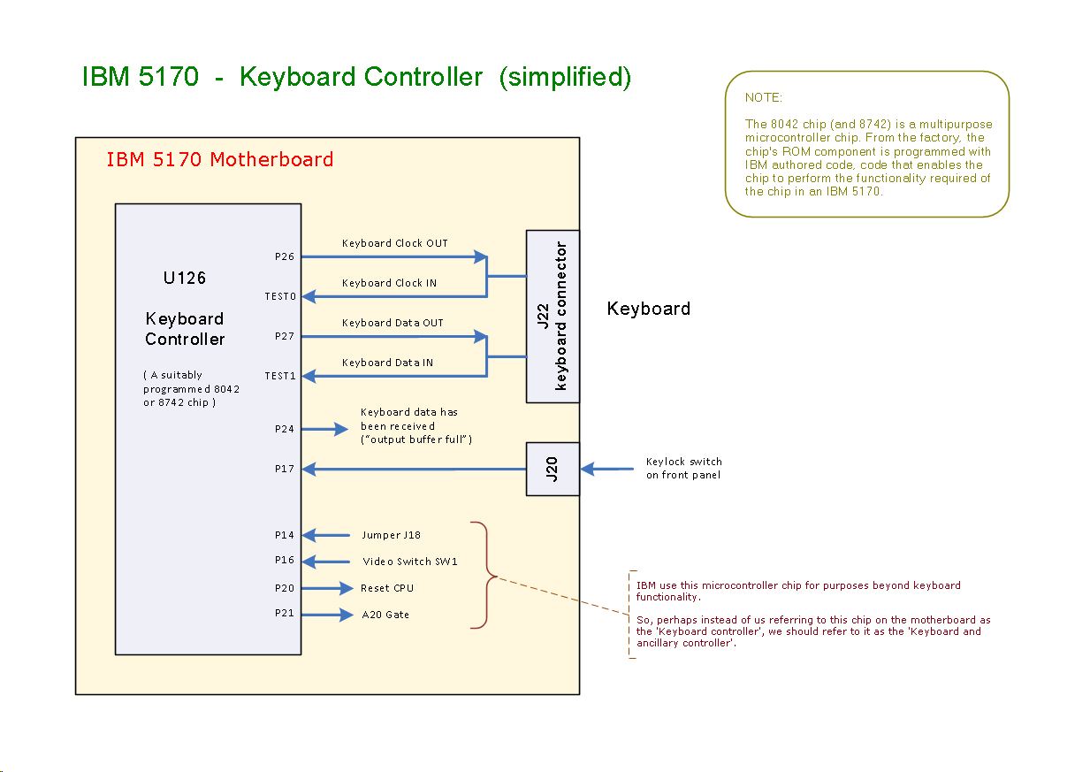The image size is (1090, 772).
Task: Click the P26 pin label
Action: (285, 257)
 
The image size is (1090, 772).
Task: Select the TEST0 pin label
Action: (280, 296)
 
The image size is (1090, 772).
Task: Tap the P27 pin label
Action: (285, 337)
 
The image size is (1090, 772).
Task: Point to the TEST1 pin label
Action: (280, 376)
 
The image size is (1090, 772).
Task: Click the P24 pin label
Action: (285, 429)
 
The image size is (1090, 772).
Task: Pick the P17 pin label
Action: (285, 470)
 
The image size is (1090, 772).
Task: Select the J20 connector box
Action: (553, 469)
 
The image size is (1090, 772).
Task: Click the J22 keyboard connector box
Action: (553, 316)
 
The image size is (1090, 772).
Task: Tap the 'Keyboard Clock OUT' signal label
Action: (394, 243)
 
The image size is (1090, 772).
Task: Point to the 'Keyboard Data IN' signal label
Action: (387, 363)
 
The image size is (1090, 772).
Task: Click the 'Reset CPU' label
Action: (387, 588)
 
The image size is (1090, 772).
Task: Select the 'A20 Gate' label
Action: (385, 615)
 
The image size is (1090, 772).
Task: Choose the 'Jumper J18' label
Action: (391, 535)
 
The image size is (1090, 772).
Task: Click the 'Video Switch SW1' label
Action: (410, 562)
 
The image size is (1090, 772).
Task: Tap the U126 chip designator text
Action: (185, 278)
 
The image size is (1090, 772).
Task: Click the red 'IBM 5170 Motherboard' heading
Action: (219, 160)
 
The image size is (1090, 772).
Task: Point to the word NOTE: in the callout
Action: (764, 97)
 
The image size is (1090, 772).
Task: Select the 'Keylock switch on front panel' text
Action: (683, 469)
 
